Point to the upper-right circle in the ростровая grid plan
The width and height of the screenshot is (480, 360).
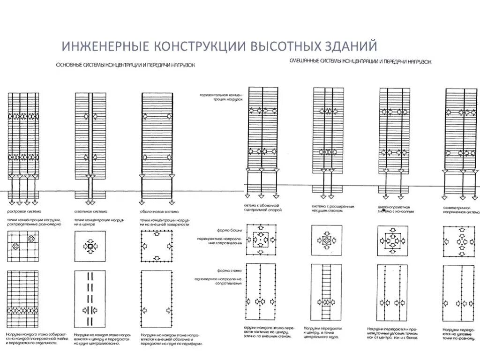click(x=31, y=239)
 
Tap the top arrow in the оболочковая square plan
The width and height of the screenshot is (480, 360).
click(x=158, y=233)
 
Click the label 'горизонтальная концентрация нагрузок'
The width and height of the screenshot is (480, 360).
click(x=221, y=97)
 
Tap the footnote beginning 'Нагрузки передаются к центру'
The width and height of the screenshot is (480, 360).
click(x=323, y=332)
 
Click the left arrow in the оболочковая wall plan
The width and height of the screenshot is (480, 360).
click(x=145, y=310)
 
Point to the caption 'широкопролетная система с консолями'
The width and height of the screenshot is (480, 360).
click(x=397, y=209)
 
